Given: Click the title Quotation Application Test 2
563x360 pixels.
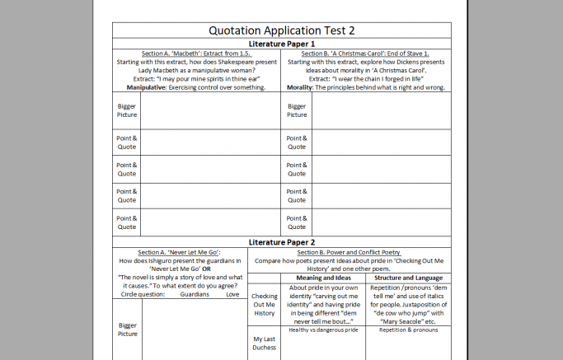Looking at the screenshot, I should click(282, 30).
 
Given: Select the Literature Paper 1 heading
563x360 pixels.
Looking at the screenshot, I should click(282, 43).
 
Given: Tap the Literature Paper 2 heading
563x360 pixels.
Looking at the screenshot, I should click(282, 241).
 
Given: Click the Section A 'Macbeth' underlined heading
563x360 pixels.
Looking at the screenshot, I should click(196, 54).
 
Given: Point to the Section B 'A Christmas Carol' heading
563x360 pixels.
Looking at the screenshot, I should click(366, 54).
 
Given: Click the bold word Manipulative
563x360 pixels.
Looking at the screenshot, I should click(147, 86).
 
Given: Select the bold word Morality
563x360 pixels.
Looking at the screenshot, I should click(304, 86).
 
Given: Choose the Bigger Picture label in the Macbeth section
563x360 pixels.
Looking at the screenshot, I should click(127, 110).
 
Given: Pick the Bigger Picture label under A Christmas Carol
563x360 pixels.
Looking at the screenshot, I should click(297, 110).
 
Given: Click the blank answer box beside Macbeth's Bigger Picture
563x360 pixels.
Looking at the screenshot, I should click(210, 111).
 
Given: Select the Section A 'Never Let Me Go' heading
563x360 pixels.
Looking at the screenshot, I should click(179, 252).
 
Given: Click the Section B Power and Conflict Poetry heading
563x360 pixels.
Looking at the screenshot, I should click(366, 252).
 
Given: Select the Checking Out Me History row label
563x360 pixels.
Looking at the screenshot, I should click(264, 304).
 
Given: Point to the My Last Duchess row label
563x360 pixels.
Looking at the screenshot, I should click(264, 344).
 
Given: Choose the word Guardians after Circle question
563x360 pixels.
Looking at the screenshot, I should click(195, 293).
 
